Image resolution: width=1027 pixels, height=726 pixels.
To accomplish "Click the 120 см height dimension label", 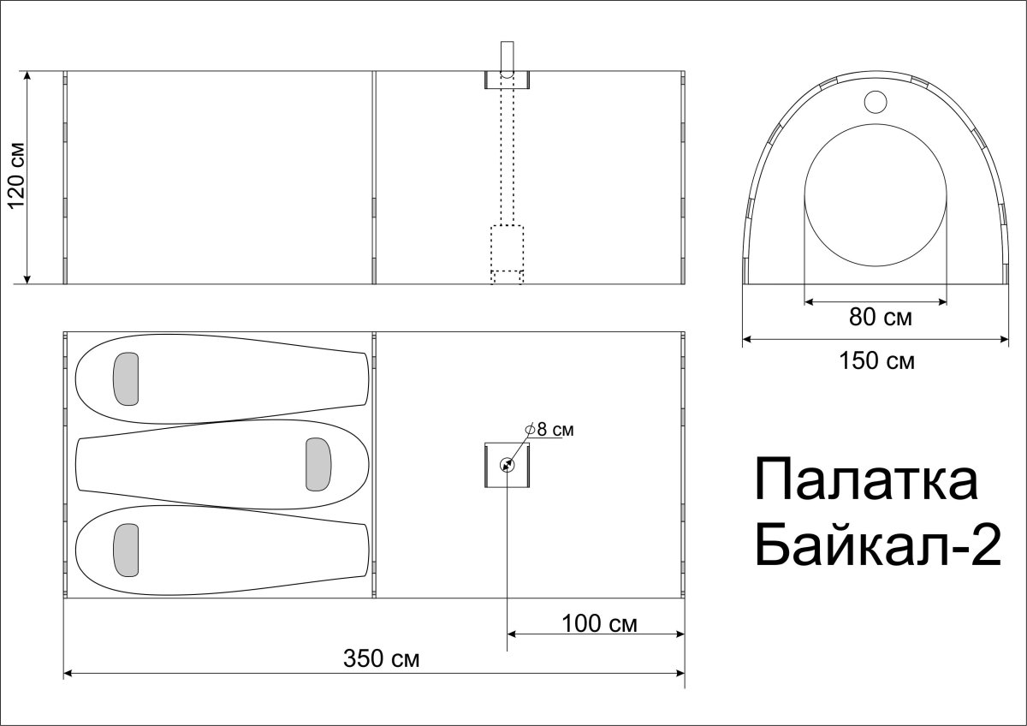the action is point(17,176).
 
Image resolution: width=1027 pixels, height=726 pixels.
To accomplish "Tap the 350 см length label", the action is point(381,658).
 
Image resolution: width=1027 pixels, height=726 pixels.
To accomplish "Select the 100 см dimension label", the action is point(599,624).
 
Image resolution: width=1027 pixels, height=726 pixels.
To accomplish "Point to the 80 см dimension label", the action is point(881,317).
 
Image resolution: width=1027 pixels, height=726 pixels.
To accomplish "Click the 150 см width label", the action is point(876,361).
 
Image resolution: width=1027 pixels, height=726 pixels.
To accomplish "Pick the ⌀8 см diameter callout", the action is point(549,430).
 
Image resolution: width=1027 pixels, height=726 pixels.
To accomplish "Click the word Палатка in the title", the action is point(866,479).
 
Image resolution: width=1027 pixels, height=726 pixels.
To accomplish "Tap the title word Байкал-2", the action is point(877,545).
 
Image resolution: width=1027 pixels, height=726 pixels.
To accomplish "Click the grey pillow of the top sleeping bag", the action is point(126,378).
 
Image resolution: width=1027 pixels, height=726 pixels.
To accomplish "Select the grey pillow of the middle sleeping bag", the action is point(318,464).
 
